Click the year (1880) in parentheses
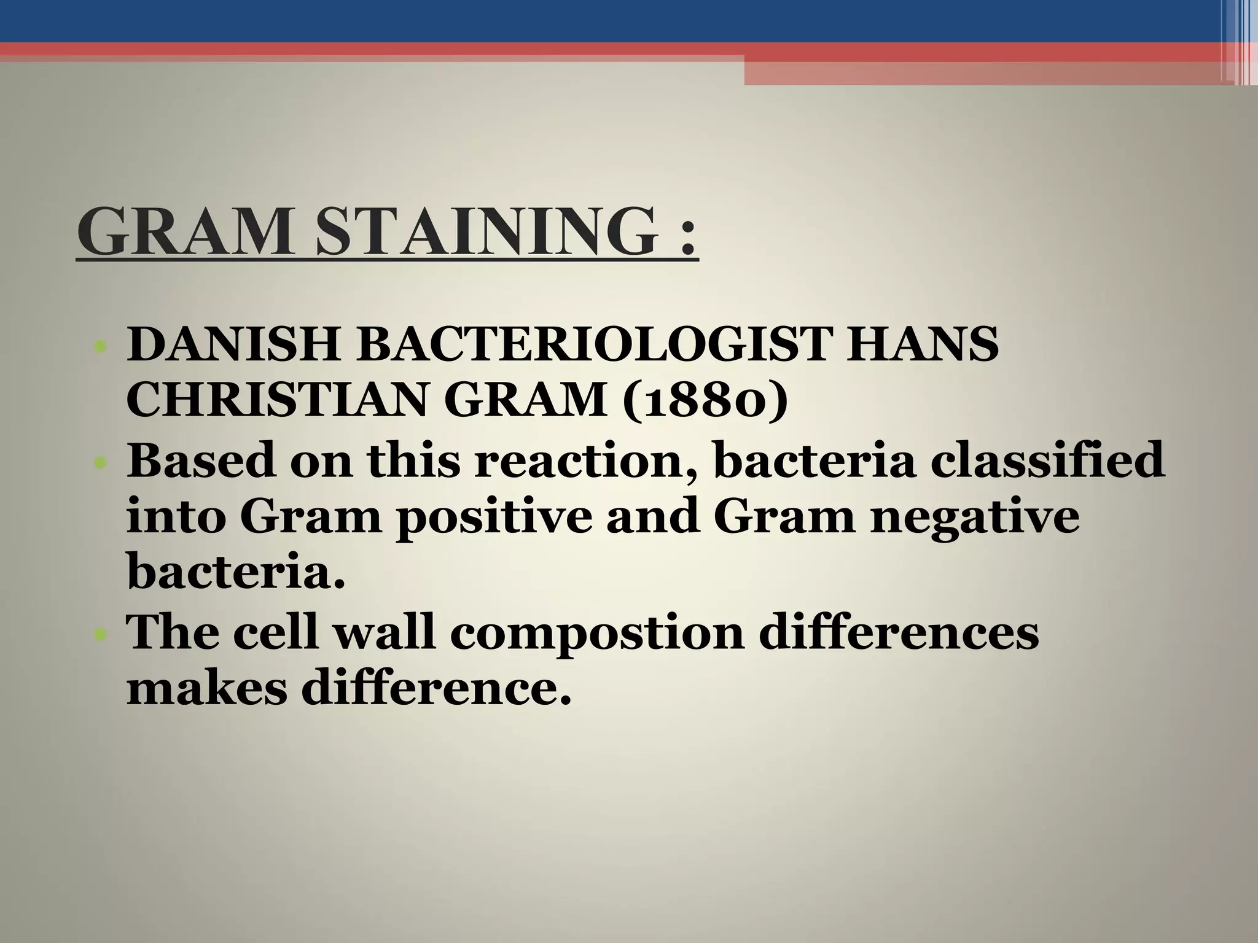pyautogui.click(x=705, y=402)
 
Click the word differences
pyautogui.click(x=899, y=632)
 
